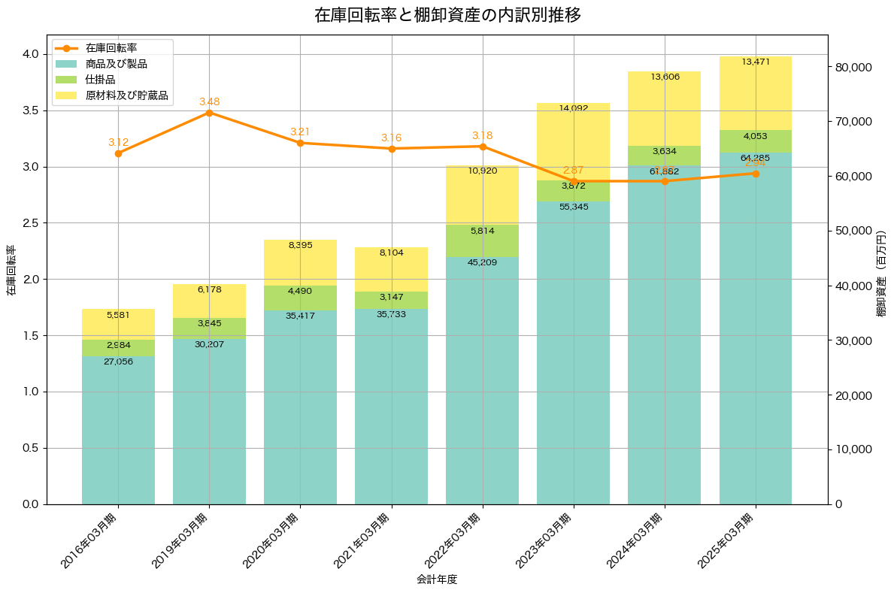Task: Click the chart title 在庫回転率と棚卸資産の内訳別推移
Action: pos(447,15)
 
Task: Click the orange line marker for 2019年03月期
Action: pos(209,113)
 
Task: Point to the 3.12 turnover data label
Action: pos(118,142)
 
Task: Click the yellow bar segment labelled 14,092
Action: pos(574,143)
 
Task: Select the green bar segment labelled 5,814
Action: pos(483,241)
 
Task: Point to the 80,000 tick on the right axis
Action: pos(853,68)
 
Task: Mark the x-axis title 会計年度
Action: pos(437,579)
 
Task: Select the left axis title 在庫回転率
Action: pos(11,270)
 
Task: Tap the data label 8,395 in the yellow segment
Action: pos(300,245)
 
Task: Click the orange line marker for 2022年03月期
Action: pos(483,147)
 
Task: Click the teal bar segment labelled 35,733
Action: pos(392,407)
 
